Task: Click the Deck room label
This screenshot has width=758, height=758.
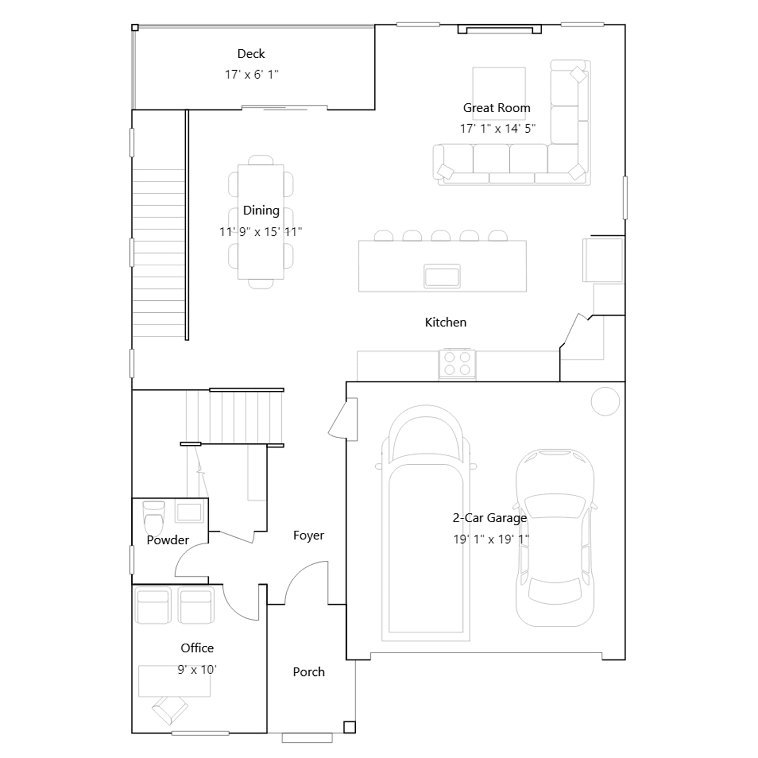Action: pos(251,54)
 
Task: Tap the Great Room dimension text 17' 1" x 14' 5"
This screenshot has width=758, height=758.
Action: pos(497,128)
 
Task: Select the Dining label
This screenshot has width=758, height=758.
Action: pos(261,210)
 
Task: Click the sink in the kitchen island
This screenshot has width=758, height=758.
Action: pos(442,276)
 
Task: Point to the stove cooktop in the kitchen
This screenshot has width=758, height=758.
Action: pos(457,363)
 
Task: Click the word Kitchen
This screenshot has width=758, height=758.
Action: pos(445,322)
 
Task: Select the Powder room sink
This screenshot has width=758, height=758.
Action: pos(189,512)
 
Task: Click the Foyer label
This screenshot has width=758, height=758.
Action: pos(308,535)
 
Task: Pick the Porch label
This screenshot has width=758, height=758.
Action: pos(309,672)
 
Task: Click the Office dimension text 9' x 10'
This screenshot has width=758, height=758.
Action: pos(197,669)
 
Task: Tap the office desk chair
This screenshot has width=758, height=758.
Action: pos(170,710)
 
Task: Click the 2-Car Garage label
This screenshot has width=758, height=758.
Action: pos(489,518)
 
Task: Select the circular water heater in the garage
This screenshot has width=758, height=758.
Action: pos(605,401)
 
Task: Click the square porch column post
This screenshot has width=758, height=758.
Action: pos(349,727)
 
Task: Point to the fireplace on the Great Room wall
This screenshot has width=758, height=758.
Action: pos(499,29)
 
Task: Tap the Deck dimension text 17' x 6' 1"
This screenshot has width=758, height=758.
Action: pos(252,74)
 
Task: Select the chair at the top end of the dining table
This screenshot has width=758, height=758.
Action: pos(261,160)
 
